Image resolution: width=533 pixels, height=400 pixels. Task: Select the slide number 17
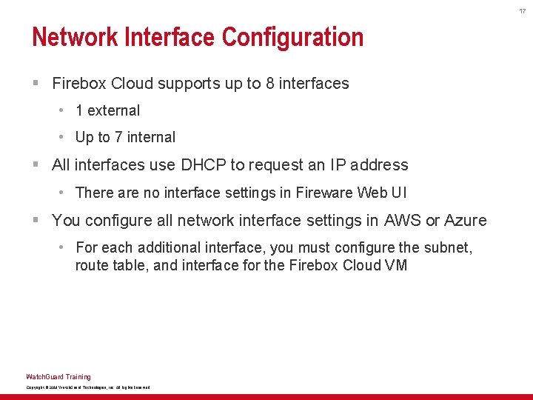[522, 10]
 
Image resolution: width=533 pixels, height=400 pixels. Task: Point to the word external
[113, 110]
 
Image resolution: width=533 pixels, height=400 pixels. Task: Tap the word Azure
[465, 221]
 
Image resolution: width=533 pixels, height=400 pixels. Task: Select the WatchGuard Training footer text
[58, 376]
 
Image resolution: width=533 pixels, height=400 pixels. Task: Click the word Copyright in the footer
[34, 387]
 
